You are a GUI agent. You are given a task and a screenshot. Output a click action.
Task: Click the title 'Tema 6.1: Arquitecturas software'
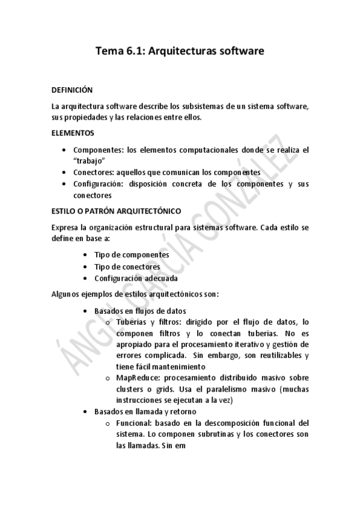pyautogui.click(x=180, y=52)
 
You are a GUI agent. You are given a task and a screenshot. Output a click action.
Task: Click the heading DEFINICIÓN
pyautogui.click(x=72, y=90)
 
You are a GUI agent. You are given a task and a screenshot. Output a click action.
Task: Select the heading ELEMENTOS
pyautogui.click(x=72, y=132)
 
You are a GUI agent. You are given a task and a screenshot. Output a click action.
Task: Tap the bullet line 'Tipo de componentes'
pyautogui.click(x=132, y=254)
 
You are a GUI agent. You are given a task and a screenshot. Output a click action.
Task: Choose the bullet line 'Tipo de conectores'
pyautogui.click(x=127, y=266)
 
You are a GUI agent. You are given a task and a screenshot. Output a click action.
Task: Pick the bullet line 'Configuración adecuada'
pyautogui.click(x=135, y=278)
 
